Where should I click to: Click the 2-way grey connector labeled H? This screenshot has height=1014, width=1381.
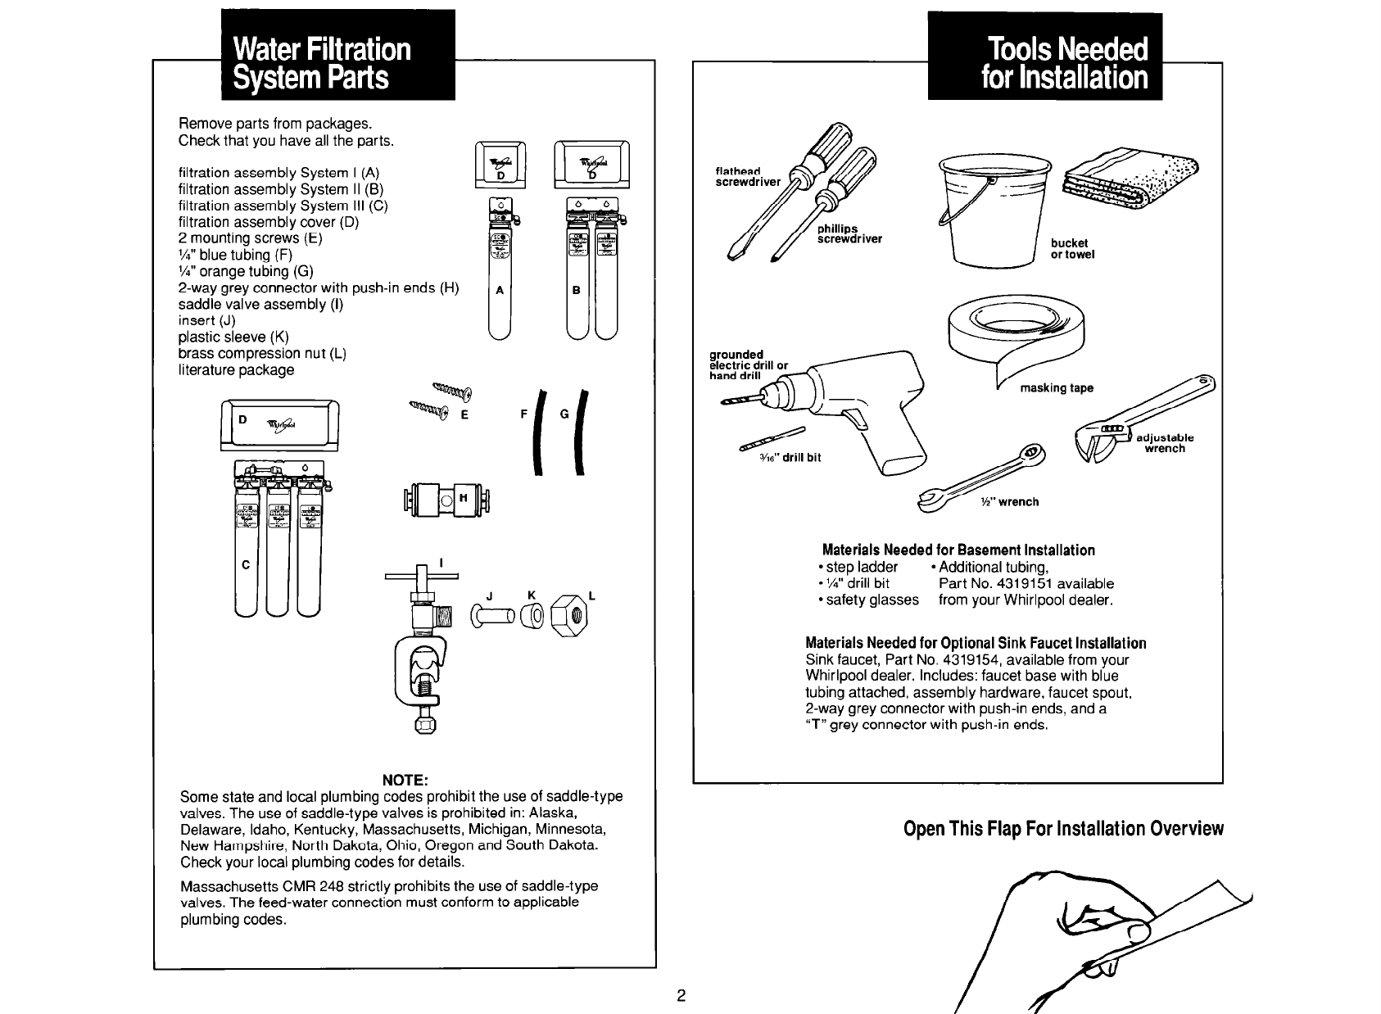pos(443,498)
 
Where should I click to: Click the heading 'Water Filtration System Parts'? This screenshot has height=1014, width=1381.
pos(322,64)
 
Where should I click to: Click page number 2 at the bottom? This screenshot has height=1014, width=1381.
pos(680,997)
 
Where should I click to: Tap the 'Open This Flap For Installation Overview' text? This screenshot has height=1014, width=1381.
pos(1063,829)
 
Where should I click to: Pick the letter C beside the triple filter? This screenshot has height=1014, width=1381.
pos(245,565)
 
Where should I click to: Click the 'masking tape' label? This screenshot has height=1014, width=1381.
pos(1057,388)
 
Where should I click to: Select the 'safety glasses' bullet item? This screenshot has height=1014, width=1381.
pos(872,600)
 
